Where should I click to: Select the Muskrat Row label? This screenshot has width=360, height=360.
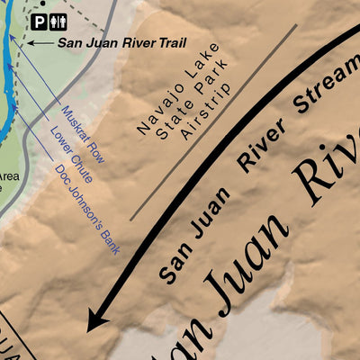(84, 134)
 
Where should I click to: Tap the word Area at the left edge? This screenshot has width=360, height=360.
(8, 177)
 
